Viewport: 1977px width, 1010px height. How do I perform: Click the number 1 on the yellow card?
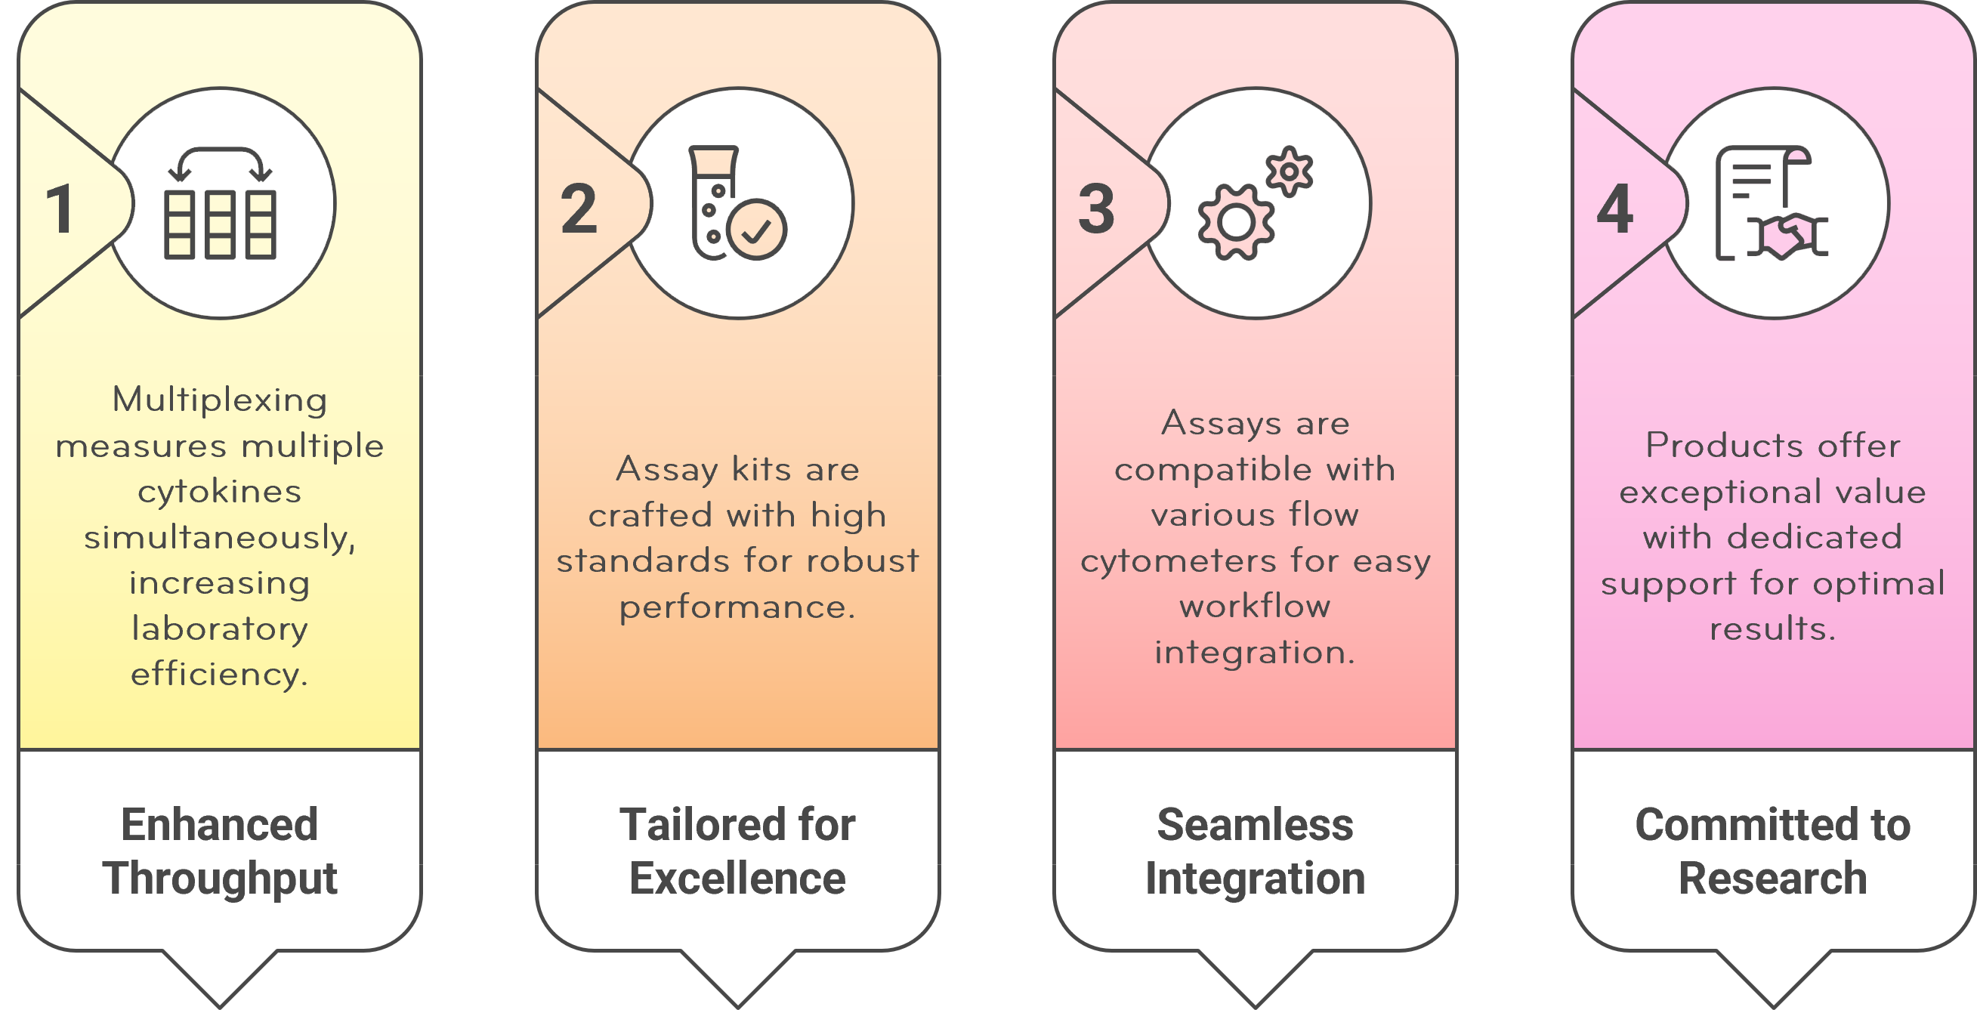[x=60, y=208]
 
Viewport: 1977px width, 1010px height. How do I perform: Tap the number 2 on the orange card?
[x=578, y=208]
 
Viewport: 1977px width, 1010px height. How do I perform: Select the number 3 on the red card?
[x=1096, y=208]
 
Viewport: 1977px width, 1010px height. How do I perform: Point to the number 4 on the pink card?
[x=1614, y=208]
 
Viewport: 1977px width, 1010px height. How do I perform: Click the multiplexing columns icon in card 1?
[x=221, y=203]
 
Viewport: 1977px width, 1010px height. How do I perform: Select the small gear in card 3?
[x=1290, y=171]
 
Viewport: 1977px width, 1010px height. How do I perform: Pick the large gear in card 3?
[x=1236, y=223]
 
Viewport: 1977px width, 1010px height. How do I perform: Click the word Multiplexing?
[x=221, y=400]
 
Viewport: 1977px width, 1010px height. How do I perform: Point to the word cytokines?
[x=221, y=491]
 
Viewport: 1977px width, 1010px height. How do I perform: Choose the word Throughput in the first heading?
[x=221, y=878]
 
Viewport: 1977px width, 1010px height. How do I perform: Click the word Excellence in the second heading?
[x=737, y=878]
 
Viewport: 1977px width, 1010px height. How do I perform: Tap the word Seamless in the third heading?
[x=1255, y=825]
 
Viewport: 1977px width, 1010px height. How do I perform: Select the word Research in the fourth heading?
[x=1773, y=878]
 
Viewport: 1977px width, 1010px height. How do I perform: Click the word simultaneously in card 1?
[x=221, y=537]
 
